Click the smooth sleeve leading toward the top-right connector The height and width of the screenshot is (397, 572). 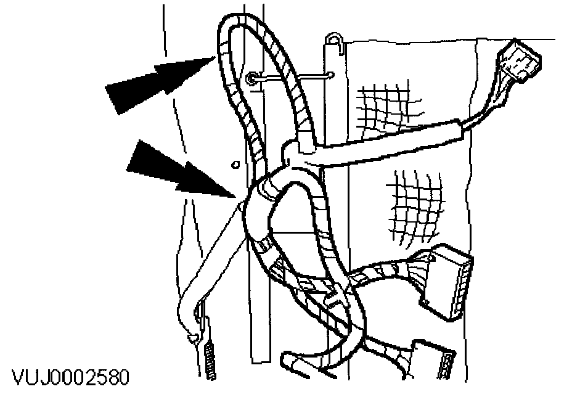tap(394, 145)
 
